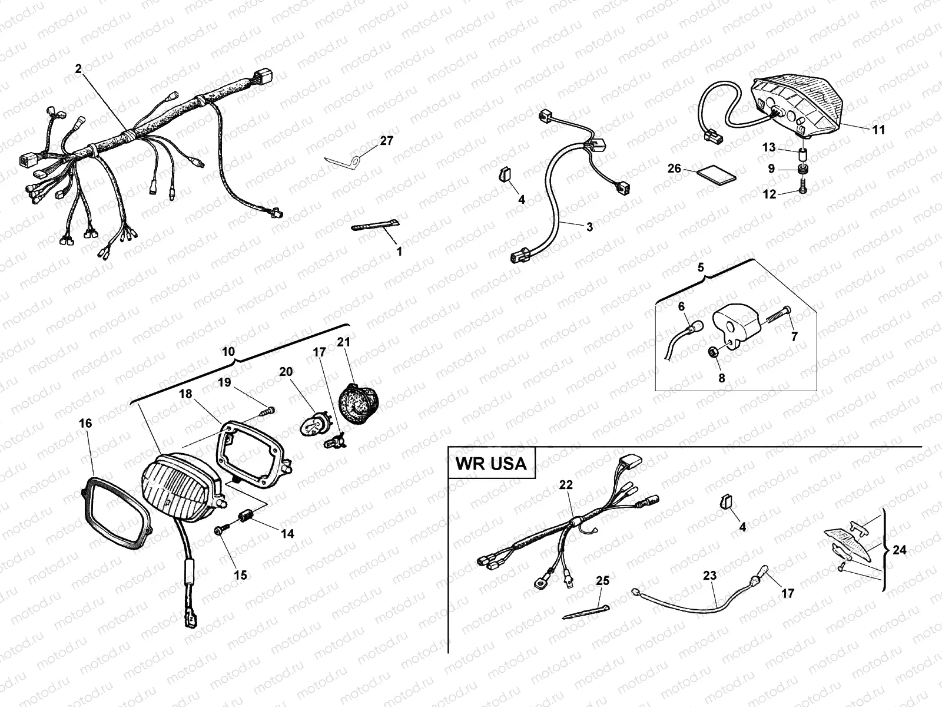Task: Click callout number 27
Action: tap(387, 141)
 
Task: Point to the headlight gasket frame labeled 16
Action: tap(115, 513)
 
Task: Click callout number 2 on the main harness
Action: tap(78, 69)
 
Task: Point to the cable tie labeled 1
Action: tap(375, 225)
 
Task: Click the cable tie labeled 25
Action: tap(585, 612)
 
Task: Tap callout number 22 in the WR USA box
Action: tap(566, 484)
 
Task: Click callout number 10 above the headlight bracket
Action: tap(228, 352)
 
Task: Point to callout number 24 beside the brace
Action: tap(899, 550)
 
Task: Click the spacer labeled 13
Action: tap(802, 155)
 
